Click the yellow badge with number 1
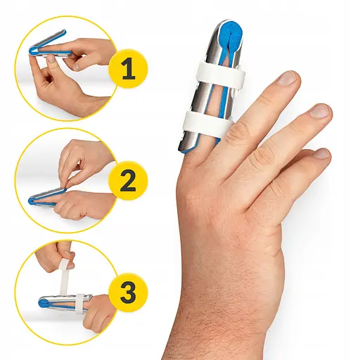[128, 69]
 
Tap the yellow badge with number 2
[128, 181]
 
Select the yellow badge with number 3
[128, 292]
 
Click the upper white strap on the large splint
[221, 75]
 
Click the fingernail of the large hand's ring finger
[319, 110]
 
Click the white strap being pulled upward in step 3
[64, 276]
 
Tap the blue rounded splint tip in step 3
[44, 303]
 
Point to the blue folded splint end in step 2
[32, 201]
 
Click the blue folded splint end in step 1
[32, 51]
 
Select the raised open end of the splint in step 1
[64, 32]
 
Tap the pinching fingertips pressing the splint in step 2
[66, 185]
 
